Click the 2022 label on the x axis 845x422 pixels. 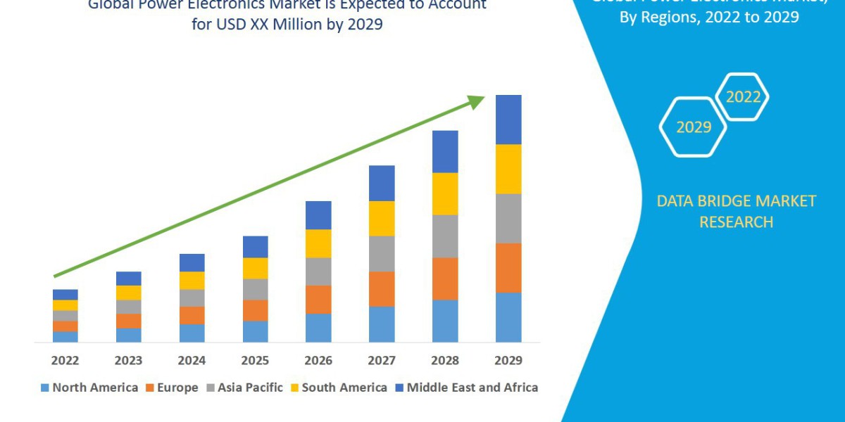coord(65,361)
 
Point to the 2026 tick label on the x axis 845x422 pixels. coord(318,361)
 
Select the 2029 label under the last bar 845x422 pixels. coord(508,361)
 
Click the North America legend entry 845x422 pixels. coord(89,388)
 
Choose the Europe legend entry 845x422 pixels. coord(172,388)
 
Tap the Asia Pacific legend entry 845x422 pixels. coord(244,388)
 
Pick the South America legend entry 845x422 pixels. coord(338,388)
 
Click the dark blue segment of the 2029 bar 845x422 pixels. coord(508,120)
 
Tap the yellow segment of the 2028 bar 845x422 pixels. coord(445,193)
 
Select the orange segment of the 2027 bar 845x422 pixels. coord(382,288)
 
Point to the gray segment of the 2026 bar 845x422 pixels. coord(318,271)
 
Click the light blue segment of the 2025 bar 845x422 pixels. coord(255,331)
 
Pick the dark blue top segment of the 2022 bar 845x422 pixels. coord(65,294)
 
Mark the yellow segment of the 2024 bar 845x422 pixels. coord(192,280)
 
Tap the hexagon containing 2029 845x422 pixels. coord(693,127)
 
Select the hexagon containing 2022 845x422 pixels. coord(742,97)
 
